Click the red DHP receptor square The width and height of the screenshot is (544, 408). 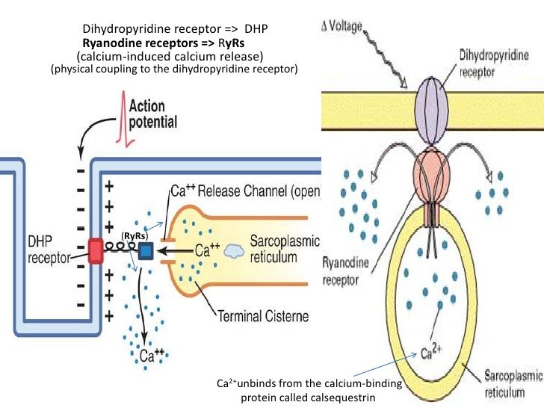click(96, 252)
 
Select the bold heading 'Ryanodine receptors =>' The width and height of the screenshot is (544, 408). click(140, 43)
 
